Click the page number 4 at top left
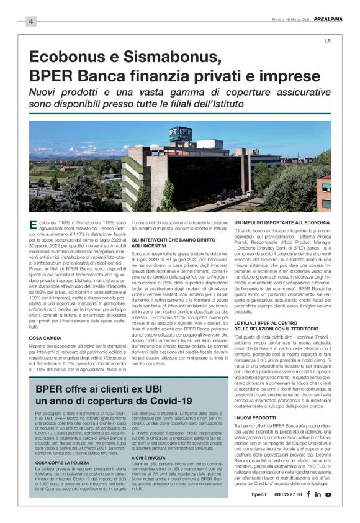pos(30,22)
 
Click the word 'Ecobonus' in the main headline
pos(64,59)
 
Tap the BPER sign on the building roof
pos(181,134)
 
